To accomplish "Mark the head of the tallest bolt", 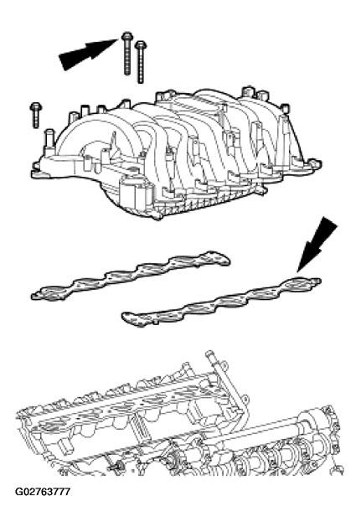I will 126,37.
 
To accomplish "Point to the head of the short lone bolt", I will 36,106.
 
